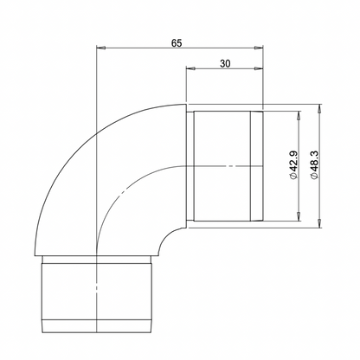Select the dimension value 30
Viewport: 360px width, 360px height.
[224, 63]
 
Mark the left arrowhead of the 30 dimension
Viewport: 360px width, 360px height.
[190, 71]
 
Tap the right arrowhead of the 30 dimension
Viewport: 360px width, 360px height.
[260, 71]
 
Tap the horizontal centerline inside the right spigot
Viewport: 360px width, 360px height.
[225, 164]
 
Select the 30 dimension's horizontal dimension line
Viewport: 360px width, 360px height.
[224, 71]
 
